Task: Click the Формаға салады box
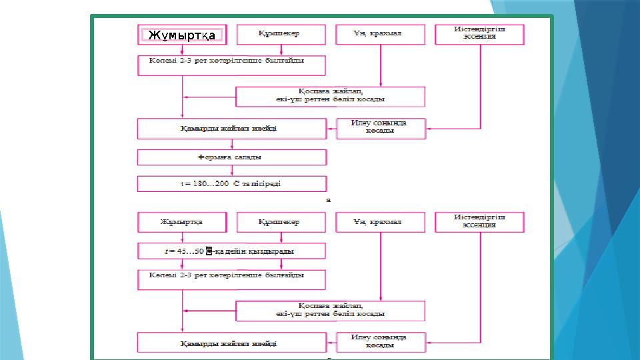(231, 157)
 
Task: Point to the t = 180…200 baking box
(231, 183)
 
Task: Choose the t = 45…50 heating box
(231, 251)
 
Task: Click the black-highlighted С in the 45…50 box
(209, 251)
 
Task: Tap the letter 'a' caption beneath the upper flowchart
(327, 199)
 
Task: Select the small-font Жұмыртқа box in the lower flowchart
(182, 222)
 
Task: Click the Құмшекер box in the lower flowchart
(281, 222)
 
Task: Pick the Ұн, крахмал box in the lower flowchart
(380, 222)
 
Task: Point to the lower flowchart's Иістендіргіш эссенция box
(479, 222)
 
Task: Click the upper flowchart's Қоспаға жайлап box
(331, 97)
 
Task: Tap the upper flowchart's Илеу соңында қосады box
(380, 128)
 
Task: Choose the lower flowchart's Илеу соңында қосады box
(380, 342)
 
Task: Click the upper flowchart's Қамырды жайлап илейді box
(231, 129)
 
